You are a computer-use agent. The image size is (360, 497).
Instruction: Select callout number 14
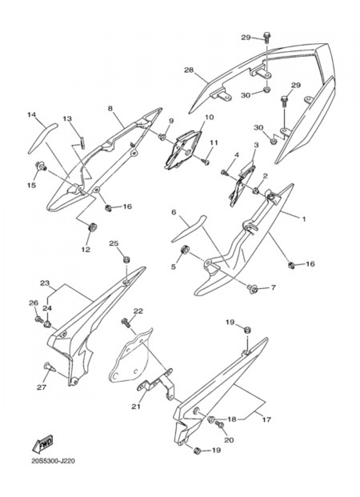click(x=32, y=115)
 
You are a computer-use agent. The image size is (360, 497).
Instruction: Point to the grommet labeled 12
click(x=93, y=228)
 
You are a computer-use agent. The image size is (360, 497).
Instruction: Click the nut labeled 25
click(x=126, y=260)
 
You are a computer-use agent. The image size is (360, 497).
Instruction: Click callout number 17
click(x=267, y=420)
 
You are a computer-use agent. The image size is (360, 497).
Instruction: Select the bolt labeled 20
click(x=219, y=425)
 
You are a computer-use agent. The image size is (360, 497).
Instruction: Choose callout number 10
click(x=209, y=117)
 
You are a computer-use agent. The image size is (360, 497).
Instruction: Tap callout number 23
click(x=44, y=283)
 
